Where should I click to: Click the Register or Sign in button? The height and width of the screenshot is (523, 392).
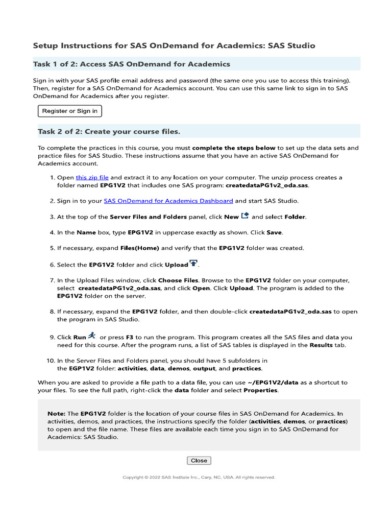tap(70, 111)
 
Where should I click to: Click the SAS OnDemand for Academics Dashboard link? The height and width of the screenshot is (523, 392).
tap(168, 201)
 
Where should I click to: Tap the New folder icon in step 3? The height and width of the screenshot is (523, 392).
tap(245, 216)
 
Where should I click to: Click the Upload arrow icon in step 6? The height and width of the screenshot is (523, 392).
tap(193, 264)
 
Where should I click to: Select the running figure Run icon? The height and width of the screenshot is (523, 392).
tap(92, 336)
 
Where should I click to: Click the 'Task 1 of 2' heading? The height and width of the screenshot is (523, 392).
tap(134, 64)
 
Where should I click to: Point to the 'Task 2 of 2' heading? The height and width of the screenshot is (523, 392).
tap(109, 132)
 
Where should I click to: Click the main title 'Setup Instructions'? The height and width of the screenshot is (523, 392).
tap(174, 45)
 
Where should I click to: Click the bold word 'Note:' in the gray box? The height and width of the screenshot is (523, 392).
tap(56, 414)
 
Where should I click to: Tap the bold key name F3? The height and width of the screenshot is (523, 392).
tap(129, 338)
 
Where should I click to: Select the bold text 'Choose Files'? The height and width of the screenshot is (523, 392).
tap(178, 280)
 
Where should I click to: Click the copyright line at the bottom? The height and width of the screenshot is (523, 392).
tap(199, 478)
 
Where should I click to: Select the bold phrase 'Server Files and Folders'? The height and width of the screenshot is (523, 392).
tap(149, 217)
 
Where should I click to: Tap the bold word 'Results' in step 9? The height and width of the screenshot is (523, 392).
tap(322, 345)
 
